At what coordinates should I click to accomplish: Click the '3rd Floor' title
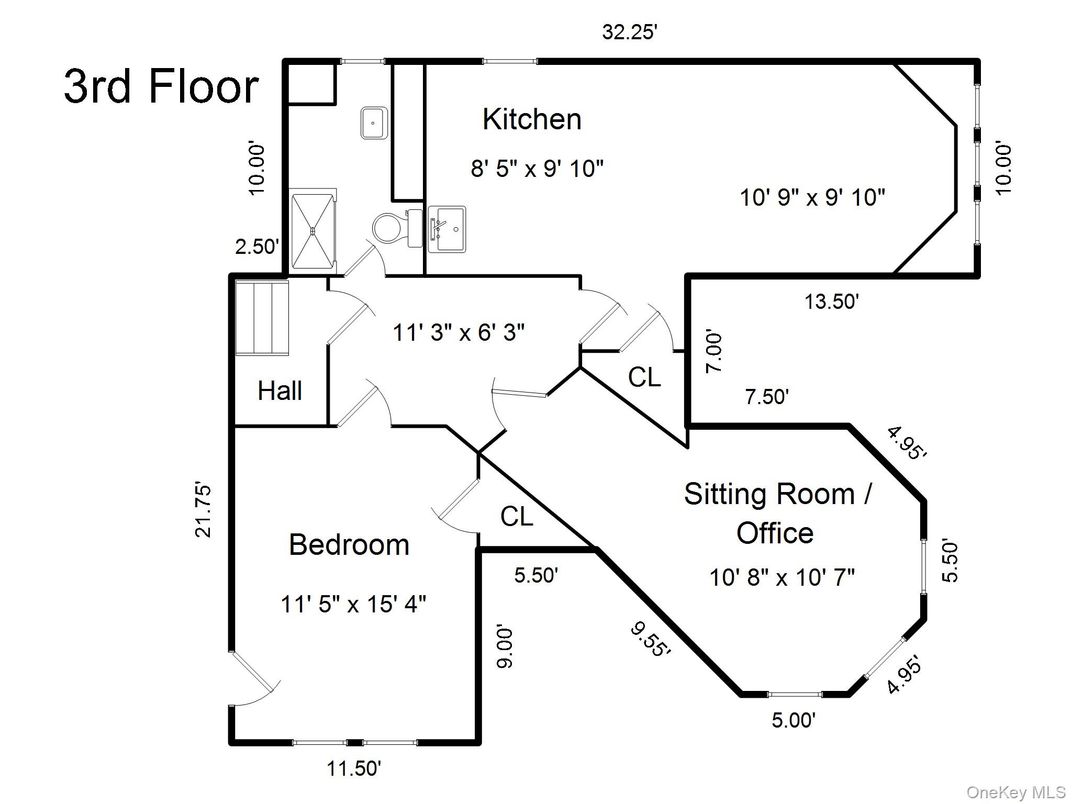(161, 86)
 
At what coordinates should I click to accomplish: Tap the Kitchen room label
(531, 119)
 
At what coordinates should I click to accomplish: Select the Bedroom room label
(349, 544)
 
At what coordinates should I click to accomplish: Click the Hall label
(280, 390)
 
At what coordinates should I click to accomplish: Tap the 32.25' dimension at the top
(629, 32)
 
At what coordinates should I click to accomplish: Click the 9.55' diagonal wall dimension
(649, 638)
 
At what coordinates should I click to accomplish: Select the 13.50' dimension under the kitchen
(833, 300)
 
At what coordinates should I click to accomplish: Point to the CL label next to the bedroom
(517, 517)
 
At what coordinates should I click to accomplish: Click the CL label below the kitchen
(644, 378)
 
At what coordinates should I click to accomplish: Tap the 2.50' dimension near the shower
(256, 247)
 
